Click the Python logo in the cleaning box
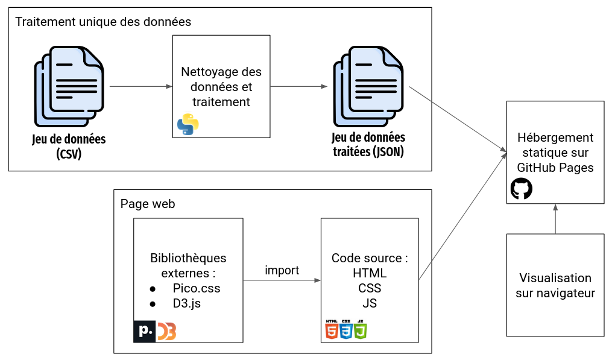[188, 124]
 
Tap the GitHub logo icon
[522, 189]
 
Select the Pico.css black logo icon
[145, 331]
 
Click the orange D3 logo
[166, 331]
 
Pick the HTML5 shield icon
[332, 329]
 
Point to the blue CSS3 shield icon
[346, 329]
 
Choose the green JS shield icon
[360, 329]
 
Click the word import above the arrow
[282, 270]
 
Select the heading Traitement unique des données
[103, 22]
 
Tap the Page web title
[148, 204]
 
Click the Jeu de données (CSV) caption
[69, 146]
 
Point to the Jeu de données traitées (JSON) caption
[368, 145]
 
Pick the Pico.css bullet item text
[196, 288]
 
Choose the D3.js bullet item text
[186, 303]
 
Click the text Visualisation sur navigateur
[555, 286]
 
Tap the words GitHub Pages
[556, 168]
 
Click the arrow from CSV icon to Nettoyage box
[141, 86]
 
